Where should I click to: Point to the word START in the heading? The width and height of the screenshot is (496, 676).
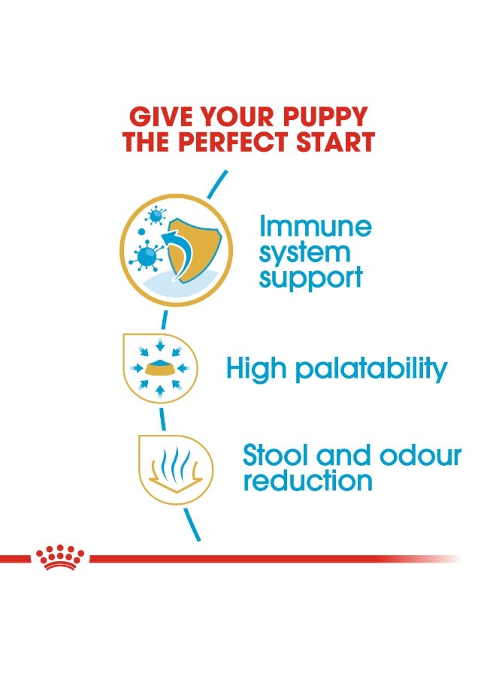pos(338,142)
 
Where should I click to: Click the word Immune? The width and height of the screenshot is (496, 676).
pos(315,226)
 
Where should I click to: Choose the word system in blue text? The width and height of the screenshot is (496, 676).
pos(304,252)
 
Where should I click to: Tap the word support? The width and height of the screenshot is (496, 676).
pos(310,278)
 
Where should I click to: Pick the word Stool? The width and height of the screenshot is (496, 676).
pos(274,455)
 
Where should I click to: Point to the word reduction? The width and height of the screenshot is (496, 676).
pos(307,481)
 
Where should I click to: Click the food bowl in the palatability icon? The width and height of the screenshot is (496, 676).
pos(159,369)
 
